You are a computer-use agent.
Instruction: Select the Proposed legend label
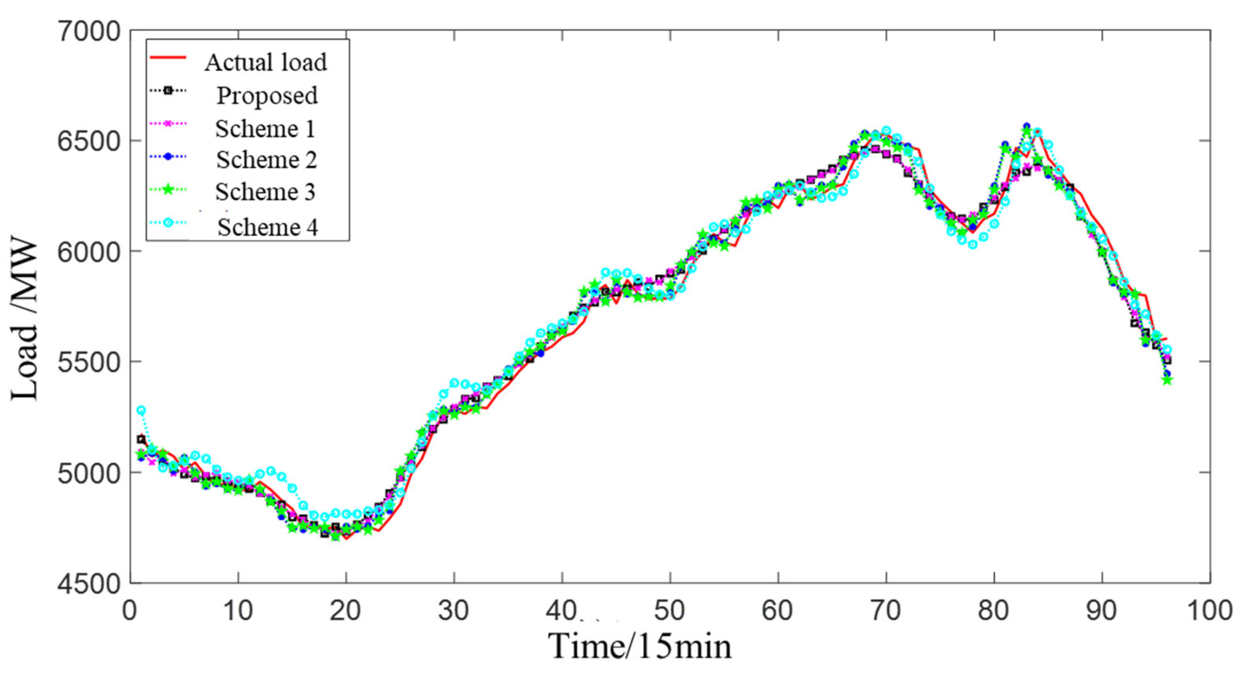tap(267, 96)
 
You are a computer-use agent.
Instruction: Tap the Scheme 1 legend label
tap(265, 129)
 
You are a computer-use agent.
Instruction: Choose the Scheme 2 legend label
tap(266, 160)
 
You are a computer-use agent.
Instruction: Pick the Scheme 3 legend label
tap(265, 192)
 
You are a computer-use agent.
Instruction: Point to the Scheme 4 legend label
tap(267, 227)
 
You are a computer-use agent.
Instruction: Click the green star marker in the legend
tap(168, 190)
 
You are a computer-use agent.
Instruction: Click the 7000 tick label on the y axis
tap(89, 32)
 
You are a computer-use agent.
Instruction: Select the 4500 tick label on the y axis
tap(89, 584)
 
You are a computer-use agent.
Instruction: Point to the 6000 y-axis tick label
tap(89, 252)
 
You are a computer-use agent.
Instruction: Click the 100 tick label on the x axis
tap(1209, 610)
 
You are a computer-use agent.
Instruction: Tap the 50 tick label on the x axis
tap(670, 610)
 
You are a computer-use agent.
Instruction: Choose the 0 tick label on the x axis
tap(129, 610)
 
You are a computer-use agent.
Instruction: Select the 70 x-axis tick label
tap(886, 610)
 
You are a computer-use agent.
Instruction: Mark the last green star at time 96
tap(1167, 380)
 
